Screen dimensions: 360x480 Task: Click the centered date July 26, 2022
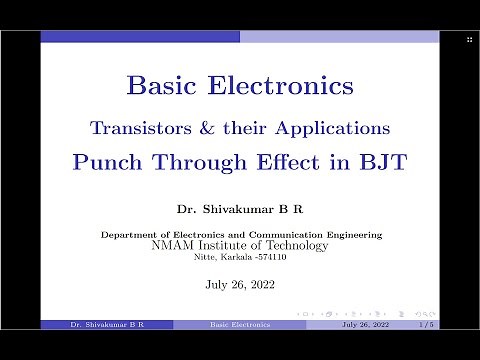tap(239, 284)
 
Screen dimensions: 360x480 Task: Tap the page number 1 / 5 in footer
tap(426, 325)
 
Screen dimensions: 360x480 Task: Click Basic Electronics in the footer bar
tap(239, 325)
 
